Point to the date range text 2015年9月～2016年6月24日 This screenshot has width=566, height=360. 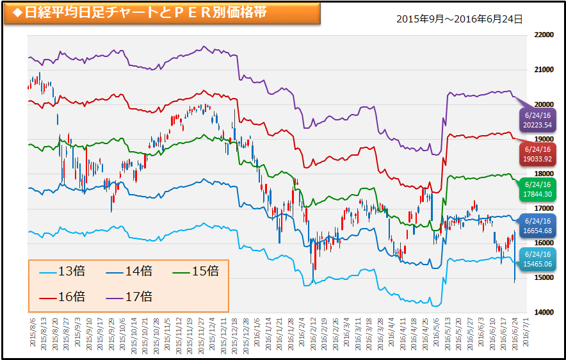point(459,19)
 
